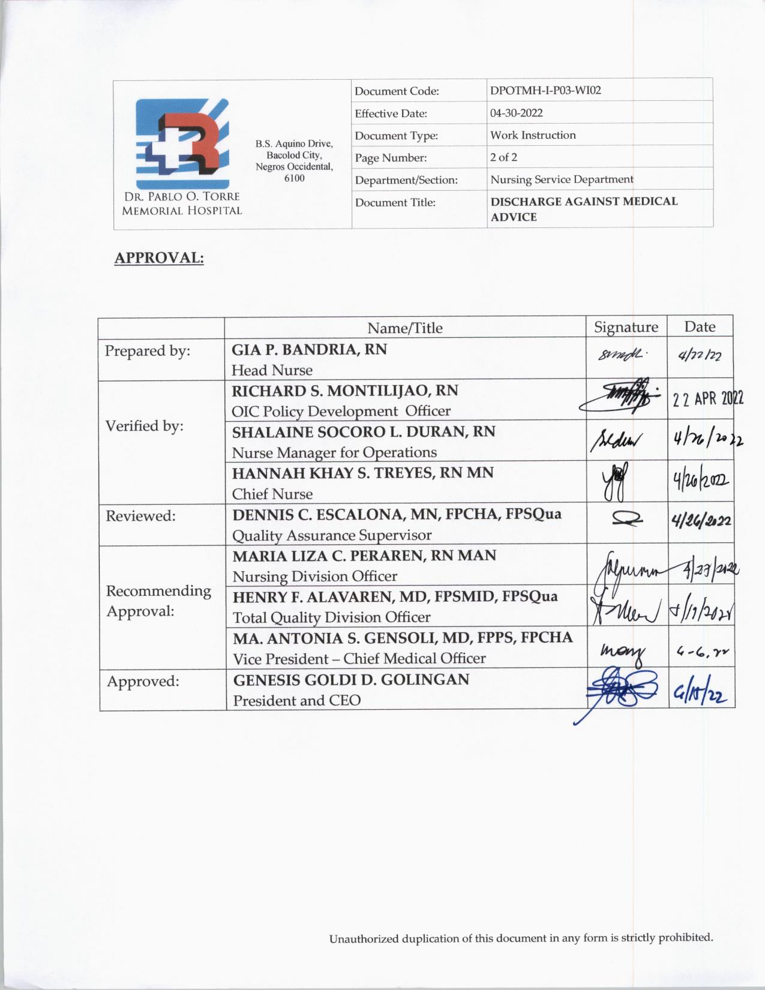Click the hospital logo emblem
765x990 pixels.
point(182,144)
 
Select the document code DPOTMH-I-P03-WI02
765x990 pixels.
point(545,91)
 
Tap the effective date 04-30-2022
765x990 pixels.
point(516,113)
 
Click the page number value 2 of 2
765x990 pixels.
point(503,157)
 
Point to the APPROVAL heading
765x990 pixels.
point(159,258)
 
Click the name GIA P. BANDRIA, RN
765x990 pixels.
point(309,349)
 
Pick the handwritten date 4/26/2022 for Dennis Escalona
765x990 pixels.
point(701,522)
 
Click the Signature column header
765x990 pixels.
point(626,327)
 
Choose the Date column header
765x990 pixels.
point(700,327)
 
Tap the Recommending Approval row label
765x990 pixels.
point(158,601)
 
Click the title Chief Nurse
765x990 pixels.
point(272,494)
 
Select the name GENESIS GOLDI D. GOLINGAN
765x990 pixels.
point(351,680)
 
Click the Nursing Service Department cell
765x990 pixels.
point(562,179)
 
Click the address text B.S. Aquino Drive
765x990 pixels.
point(294,144)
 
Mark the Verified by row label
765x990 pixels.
point(145,426)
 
